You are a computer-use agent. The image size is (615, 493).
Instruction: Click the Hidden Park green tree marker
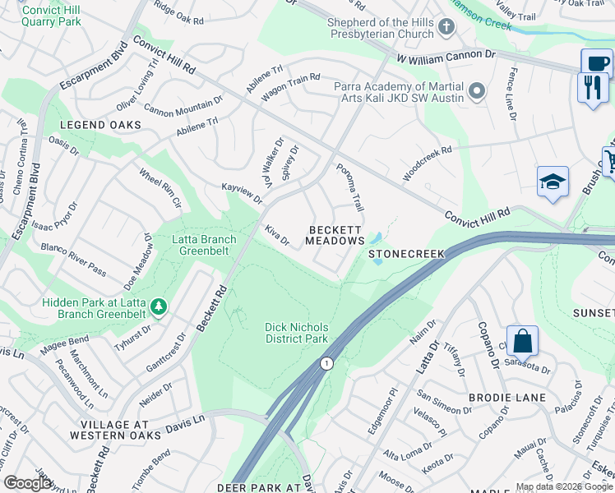point(158,308)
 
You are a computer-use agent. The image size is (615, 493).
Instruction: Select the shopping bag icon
point(522,340)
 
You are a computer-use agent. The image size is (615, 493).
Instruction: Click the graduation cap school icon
point(553,182)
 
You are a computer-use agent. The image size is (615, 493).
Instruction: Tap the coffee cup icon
point(596,62)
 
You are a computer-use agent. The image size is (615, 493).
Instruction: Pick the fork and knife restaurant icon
point(593,86)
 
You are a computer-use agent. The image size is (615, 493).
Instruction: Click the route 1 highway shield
point(327,363)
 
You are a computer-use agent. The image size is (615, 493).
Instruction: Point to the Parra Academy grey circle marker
point(476,92)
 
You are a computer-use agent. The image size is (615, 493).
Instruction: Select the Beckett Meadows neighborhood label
point(335,235)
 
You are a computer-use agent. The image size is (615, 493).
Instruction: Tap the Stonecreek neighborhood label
point(406,254)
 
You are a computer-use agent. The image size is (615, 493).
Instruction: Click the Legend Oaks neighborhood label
point(100,125)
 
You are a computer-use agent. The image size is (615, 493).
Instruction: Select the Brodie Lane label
point(507,398)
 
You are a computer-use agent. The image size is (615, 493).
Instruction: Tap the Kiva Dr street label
point(277,236)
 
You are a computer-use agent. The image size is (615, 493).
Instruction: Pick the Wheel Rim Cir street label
point(160,188)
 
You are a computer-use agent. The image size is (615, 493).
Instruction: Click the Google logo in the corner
point(28,483)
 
